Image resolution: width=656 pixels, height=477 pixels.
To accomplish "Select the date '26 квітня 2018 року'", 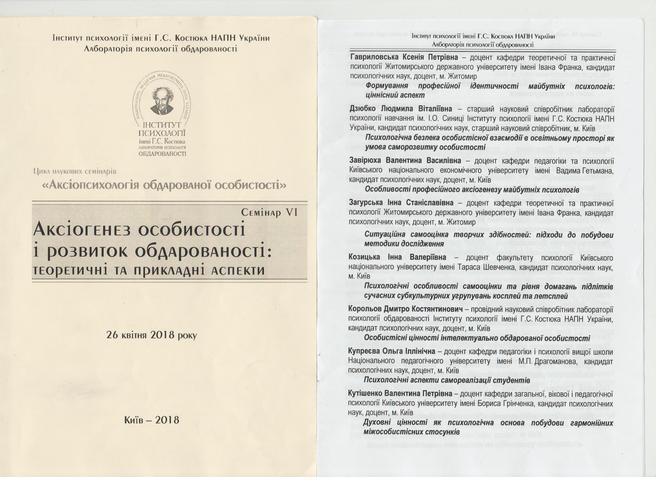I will [x=152, y=335].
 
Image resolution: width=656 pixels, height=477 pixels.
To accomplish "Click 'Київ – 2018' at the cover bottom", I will [x=152, y=420].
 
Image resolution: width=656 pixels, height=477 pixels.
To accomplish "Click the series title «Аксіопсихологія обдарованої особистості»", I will [x=164, y=185].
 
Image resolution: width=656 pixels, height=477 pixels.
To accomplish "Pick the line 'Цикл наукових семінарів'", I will [x=75, y=172].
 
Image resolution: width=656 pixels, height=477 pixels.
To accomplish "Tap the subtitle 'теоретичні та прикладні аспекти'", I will [x=149, y=270].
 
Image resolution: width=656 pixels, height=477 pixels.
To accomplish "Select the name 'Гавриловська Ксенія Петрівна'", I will [x=404, y=58].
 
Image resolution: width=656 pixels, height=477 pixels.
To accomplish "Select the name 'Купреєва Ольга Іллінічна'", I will [x=392, y=351].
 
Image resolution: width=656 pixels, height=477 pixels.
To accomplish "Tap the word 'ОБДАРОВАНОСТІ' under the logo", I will [x=162, y=154].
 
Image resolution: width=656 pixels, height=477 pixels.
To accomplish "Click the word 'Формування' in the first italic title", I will [x=387, y=86].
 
